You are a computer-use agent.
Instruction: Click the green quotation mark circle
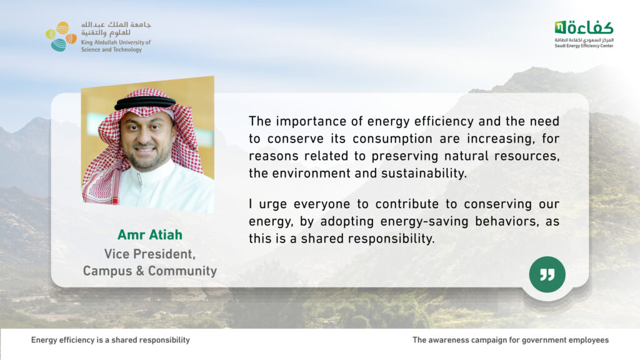547,274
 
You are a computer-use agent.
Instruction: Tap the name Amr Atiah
150,235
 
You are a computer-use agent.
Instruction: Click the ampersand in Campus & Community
140,271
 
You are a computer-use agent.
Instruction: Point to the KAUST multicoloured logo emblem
61,37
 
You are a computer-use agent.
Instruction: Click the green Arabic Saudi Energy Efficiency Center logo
584,27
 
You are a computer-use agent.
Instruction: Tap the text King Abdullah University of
116,42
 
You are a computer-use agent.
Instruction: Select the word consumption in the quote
392,139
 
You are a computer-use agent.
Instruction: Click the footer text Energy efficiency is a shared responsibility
110,340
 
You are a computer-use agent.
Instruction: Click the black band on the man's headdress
145,102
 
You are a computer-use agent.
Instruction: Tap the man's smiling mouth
144,149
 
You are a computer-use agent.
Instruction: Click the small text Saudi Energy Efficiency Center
584,46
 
